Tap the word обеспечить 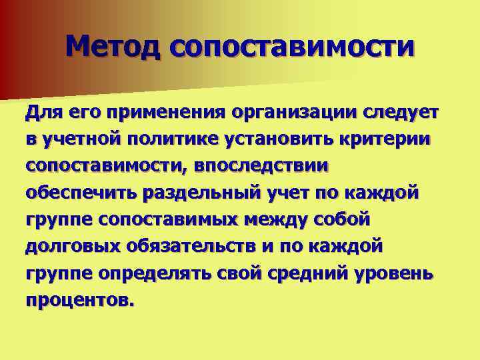pyautogui.click(x=81, y=193)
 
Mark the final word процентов pyautogui.click(x=80, y=300)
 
